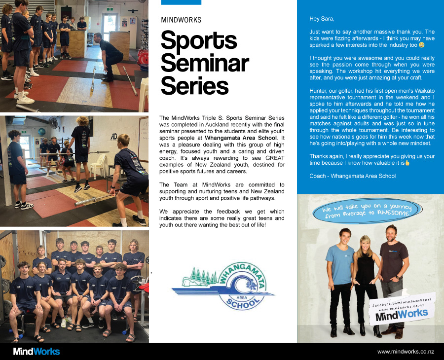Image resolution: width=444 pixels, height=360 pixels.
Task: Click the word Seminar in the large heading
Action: click(205, 63)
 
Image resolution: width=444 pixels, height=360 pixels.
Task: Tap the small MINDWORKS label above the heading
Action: click(181, 20)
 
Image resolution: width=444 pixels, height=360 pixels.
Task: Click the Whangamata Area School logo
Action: click(223, 286)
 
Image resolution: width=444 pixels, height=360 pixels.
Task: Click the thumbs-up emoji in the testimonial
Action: click(407, 163)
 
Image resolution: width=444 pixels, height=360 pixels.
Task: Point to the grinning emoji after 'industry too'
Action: click(422, 45)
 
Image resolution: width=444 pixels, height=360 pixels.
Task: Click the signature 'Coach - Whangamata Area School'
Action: click(353, 176)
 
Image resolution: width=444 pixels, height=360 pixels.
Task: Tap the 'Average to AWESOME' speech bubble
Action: click(368, 211)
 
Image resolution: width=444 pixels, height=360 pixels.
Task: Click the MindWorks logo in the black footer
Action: click(37, 352)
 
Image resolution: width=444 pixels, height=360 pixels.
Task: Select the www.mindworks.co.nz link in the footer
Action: click(406, 352)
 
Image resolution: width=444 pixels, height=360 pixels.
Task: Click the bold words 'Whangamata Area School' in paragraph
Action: click(241, 138)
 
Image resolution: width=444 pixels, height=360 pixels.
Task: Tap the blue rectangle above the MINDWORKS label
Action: click(181, 2)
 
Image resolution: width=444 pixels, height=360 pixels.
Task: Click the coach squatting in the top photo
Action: click(108, 57)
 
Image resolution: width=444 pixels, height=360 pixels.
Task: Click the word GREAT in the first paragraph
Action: click(275, 158)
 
